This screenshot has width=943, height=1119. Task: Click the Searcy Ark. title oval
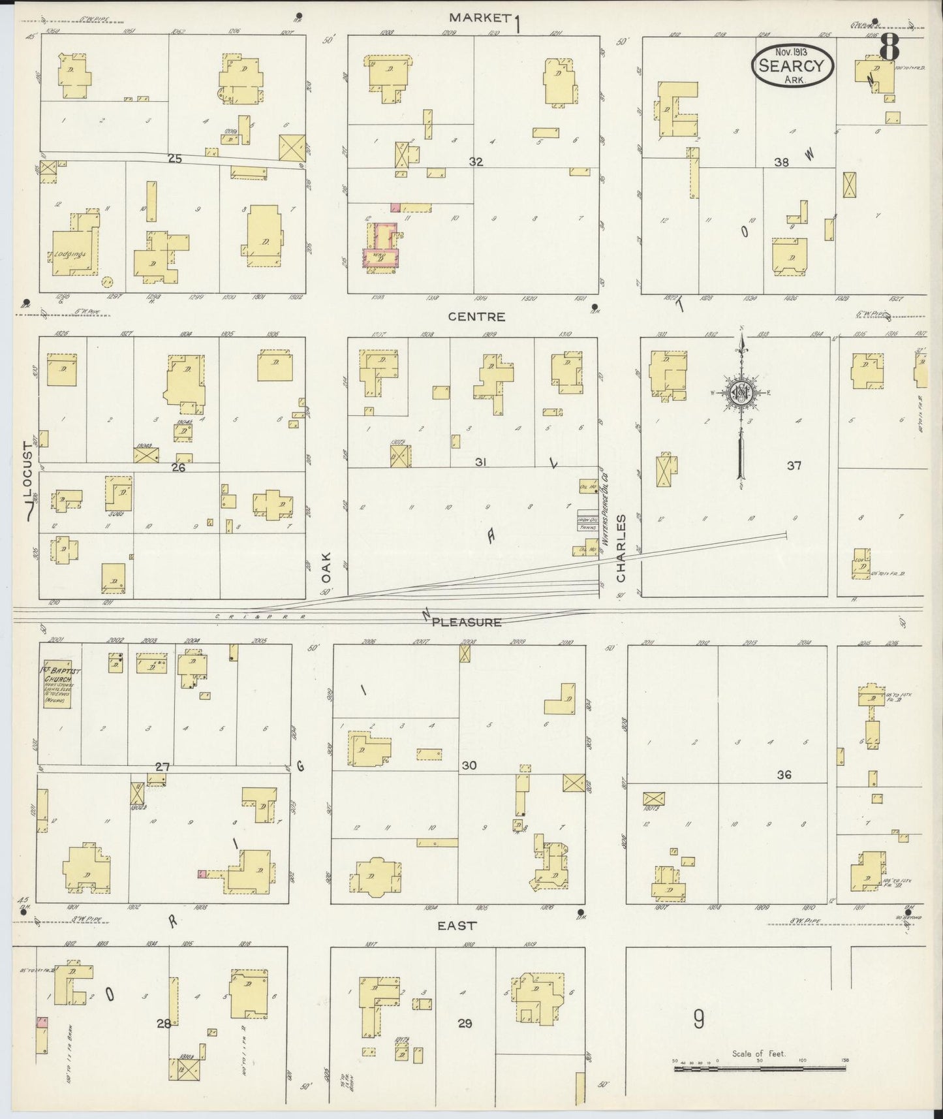(794, 64)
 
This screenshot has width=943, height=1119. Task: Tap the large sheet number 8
(889, 47)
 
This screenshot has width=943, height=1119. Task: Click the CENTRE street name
(476, 317)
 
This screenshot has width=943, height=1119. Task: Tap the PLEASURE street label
(466, 622)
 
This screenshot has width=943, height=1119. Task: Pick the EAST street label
(457, 925)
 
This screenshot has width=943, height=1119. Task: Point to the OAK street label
(326, 567)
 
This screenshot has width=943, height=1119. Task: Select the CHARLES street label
(621, 548)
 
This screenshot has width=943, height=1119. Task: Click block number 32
(476, 162)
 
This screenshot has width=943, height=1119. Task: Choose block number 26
(178, 467)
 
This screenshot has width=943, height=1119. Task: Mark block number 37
(794, 465)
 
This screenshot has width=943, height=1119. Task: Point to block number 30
(469, 765)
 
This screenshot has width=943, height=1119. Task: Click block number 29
(465, 1023)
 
